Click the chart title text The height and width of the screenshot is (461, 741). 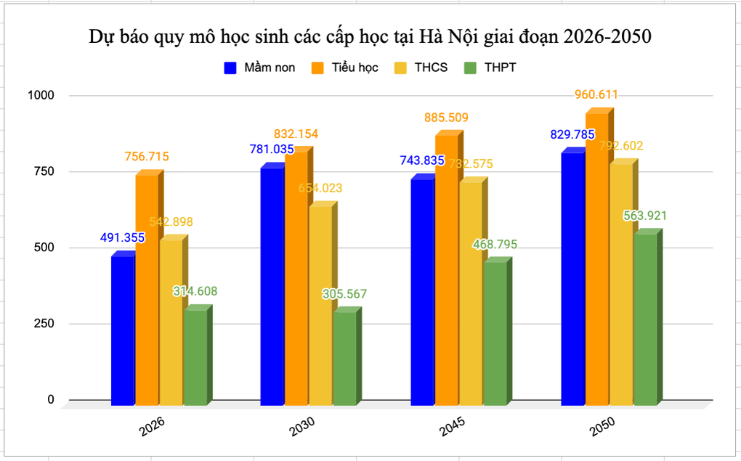pos(370,36)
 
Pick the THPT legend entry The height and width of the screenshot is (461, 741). pos(490,68)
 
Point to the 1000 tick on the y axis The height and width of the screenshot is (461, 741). pos(41,95)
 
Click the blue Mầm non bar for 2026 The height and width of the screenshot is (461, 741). pos(123,330)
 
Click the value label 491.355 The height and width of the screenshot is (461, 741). pos(122,237)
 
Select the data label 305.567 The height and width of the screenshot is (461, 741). pos(345,294)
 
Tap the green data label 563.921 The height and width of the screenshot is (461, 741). pos(644,215)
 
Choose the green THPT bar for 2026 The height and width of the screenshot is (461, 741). pos(195,356)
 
